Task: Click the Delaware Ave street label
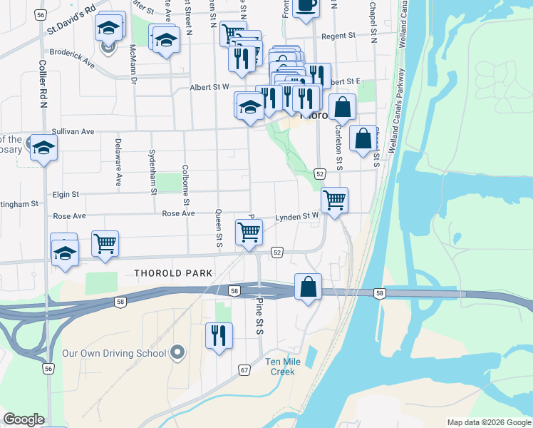118,161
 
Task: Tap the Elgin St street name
65,193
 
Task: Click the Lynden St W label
297,216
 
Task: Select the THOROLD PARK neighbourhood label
173,273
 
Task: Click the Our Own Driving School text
114,353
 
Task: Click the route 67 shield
244,370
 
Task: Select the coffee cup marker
306,6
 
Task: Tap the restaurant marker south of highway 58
219,335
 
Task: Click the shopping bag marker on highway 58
308,287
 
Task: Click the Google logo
24,419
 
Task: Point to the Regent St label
338,36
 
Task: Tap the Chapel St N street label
373,21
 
